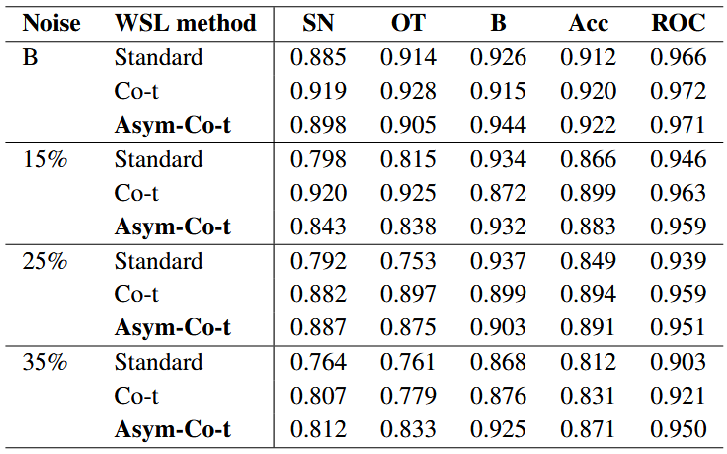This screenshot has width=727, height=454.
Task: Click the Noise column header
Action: (51, 23)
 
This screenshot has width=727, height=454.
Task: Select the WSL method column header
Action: (185, 23)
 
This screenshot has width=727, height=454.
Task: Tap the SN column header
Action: (318, 23)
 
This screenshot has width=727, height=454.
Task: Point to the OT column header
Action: (408, 23)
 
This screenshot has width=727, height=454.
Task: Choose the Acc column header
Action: (589, 23)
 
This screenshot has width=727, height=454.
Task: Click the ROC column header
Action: (679, 23)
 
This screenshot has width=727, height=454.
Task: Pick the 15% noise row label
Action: (44, 159)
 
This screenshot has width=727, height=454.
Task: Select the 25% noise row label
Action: (44, 261)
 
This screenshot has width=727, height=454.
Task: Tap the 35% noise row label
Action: (44, 362)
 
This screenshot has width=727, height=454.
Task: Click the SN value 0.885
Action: (318, 57)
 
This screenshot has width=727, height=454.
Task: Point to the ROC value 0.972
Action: (679, 91)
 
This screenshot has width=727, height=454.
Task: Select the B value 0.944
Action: (499, 125)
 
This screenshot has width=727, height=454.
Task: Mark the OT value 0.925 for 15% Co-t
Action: (408, 193)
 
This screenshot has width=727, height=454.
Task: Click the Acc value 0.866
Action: (589, 159)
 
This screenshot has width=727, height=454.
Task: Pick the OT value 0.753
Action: (408, 261)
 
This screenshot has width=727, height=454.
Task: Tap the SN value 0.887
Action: (318, 327)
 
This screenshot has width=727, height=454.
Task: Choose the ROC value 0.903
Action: (679, 362)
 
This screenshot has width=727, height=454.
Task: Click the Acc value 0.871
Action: (589, 429)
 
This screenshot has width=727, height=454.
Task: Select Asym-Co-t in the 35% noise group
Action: (173, 429)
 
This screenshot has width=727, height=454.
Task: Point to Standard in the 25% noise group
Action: (159, 261)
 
